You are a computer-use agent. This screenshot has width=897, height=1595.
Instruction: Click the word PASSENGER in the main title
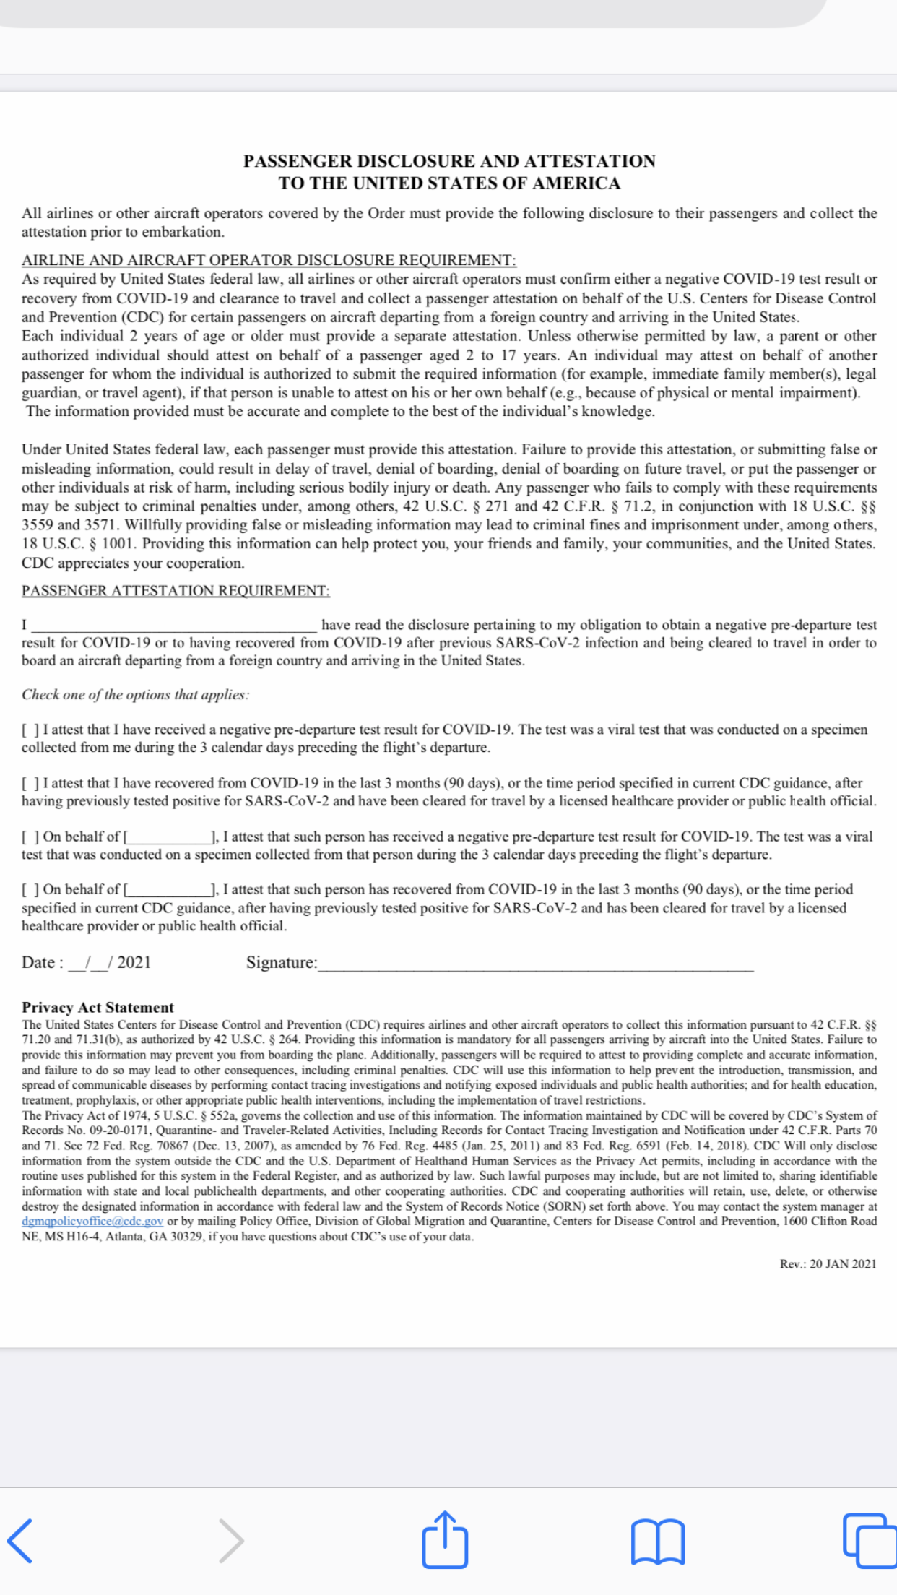(x=297, y=161)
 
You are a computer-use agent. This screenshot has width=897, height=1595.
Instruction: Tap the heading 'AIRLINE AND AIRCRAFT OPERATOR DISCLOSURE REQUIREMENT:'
(x=269, y=260)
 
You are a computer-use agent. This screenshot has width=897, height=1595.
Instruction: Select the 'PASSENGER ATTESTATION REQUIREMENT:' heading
(x=175, y=590)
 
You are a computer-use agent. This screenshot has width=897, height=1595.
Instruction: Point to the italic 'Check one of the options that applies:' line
(x=135, y=695)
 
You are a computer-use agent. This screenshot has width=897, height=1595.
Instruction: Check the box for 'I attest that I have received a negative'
(x=30, y=730)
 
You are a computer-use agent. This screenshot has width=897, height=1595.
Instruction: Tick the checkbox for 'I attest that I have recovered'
(x=30, y=784)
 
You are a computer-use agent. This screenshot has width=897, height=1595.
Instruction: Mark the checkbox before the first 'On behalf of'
(x=30, y=837)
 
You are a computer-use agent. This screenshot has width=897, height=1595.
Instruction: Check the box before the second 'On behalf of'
(x=30, y=890)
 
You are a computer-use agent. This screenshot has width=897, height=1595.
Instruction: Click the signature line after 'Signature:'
(x=534, y=964)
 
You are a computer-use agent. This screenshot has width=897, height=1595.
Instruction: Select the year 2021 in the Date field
(x=134, y=963)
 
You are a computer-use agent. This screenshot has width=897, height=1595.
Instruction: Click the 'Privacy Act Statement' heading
(x=97, y=1008)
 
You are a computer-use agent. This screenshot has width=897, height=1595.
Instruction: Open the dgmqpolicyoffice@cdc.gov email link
(x=92, y=1222)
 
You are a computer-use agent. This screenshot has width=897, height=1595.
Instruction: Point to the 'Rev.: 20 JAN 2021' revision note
(x=828, y=1264)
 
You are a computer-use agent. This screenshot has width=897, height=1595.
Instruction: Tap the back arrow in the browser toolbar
(x=20, y=1540)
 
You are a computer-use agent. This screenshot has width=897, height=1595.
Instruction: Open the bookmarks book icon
(x=657, y=1541)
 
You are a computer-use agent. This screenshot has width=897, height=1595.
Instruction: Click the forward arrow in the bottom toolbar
(x=231, y=1540)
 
